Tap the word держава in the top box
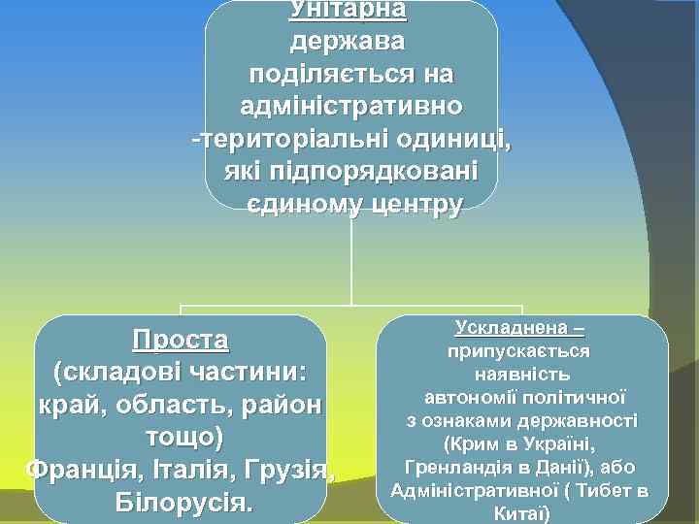[x=349, y=43]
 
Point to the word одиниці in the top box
[x=453, y=139]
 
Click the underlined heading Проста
[x=181, y=341]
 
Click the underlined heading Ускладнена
[x=512, y=330]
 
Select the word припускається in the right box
[x=522, y=351]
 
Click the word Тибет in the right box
[x=600, y=490]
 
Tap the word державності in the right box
[x=582, y=421]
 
